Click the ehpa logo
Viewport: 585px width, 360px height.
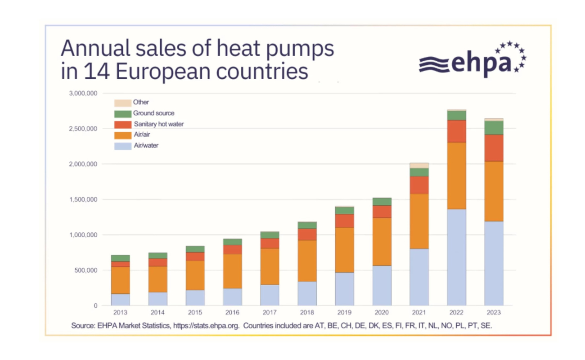(x=472, y=59)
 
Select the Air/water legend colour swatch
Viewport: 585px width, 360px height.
(x=123, y=146)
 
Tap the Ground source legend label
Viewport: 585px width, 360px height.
(x=153, y=113)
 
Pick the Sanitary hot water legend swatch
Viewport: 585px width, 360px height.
(x=123, y=125)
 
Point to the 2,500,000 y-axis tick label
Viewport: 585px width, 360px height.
(x=83, y=129)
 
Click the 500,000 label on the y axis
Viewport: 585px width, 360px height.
(x=85, y=270)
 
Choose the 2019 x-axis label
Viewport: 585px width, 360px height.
(x=344, y=312)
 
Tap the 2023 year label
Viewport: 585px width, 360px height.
(x=494, y=312)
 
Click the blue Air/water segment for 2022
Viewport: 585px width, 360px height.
(x=456, y=257)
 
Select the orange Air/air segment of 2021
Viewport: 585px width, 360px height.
(x=419, y=221)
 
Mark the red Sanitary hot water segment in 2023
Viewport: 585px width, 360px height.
(x=494, y=148)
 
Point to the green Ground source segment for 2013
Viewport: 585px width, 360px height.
(x=121, y=258)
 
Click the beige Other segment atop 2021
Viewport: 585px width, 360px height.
(x=419, y=166)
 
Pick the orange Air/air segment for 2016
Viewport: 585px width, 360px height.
(x=233, y=271)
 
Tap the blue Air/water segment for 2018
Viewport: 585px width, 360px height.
(x=307, y=294)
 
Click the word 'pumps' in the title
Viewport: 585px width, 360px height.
(x=300, y=49)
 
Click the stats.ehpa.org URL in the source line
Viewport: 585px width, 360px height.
(x=206, y=326)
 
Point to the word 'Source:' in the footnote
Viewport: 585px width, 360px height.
(x=83, y=326)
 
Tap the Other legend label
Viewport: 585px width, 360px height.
(x=141, y=102)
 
